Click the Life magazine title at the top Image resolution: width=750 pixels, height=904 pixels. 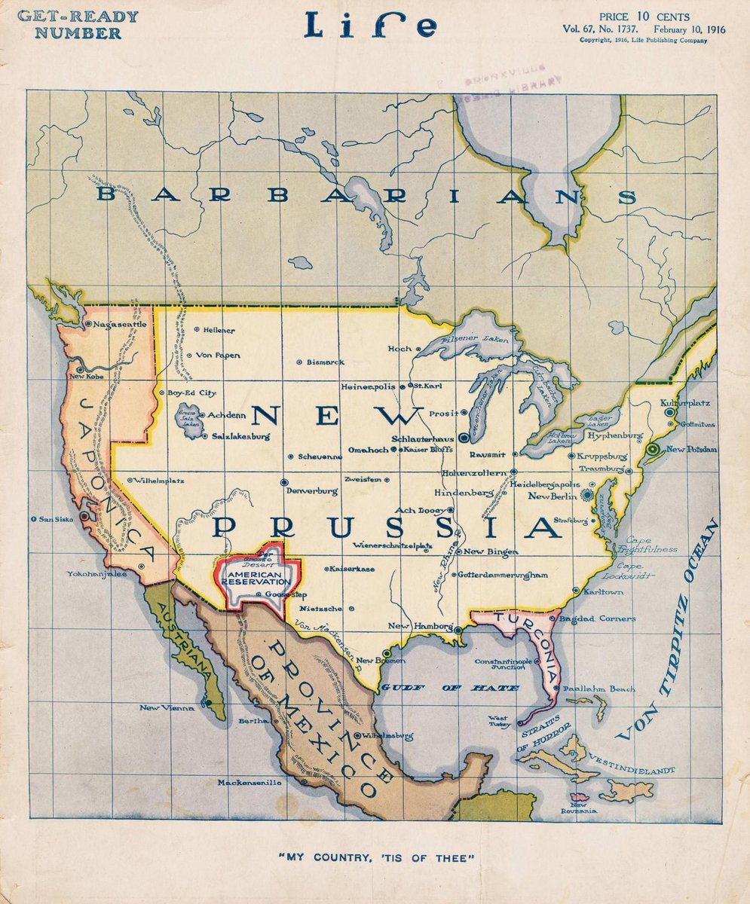click(370, 27)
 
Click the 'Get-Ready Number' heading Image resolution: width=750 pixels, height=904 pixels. click(78, 25)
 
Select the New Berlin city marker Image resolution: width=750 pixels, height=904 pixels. click(587, 496)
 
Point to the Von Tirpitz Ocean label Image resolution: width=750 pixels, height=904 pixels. click(669, 629)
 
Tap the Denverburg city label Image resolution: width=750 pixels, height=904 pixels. click(311, 490)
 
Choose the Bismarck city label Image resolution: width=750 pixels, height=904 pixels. click(325, 362)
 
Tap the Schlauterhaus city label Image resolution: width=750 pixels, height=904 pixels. click(426, 437)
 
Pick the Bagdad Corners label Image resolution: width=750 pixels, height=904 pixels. click(597, 618)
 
